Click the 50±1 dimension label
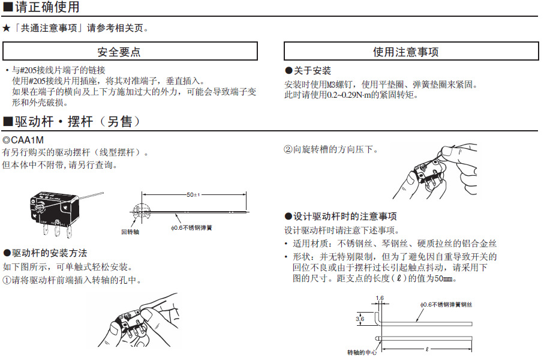click(x=193, y=195)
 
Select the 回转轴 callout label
click(x=130, y=231)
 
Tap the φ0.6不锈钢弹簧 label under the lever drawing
click(x=191, y=227)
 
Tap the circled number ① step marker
click(x=7, y=280)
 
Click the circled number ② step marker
click(x=288, y=149)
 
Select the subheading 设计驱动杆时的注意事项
click(x=344, y=216)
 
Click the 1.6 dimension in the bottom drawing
click(x=379, y=298)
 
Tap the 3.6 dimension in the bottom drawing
click(x=360, y=319)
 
